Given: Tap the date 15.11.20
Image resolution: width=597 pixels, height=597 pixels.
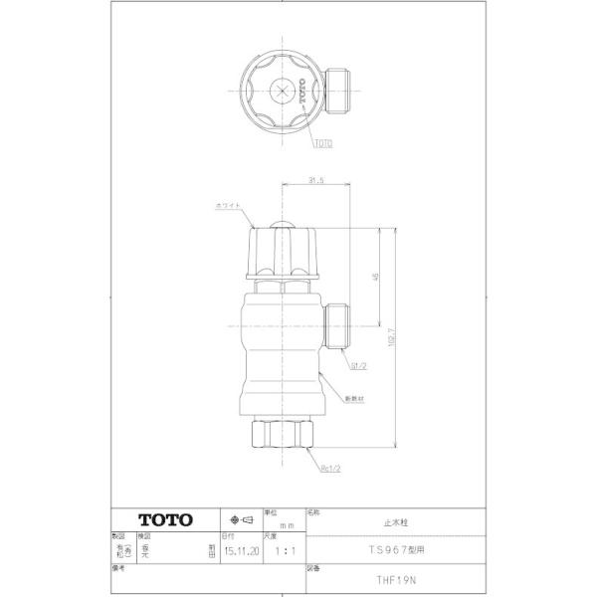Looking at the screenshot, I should point(243,548).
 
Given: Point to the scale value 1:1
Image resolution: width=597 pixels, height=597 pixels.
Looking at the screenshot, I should point(284,548).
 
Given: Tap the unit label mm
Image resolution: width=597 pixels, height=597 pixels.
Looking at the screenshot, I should point(287,524).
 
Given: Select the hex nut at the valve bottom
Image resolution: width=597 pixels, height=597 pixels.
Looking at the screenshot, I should point(283,432).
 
